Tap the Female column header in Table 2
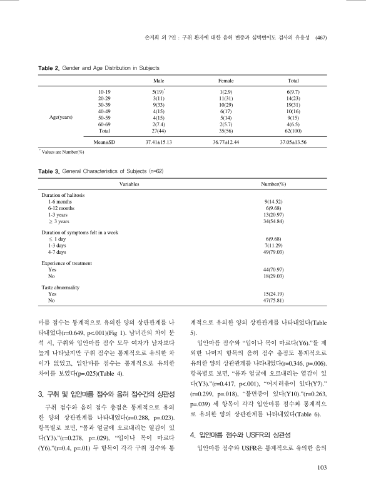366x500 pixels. (x=225, y=81)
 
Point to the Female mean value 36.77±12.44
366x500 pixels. (x=226, y=142)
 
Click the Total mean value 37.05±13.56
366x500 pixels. (x=293, y=142)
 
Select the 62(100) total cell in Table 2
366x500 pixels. (x=293, y=132)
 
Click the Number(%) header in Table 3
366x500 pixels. (x=273, y=185)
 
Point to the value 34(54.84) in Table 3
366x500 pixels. (x=273, y=222)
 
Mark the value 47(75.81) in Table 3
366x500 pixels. (x=273, y=299)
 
